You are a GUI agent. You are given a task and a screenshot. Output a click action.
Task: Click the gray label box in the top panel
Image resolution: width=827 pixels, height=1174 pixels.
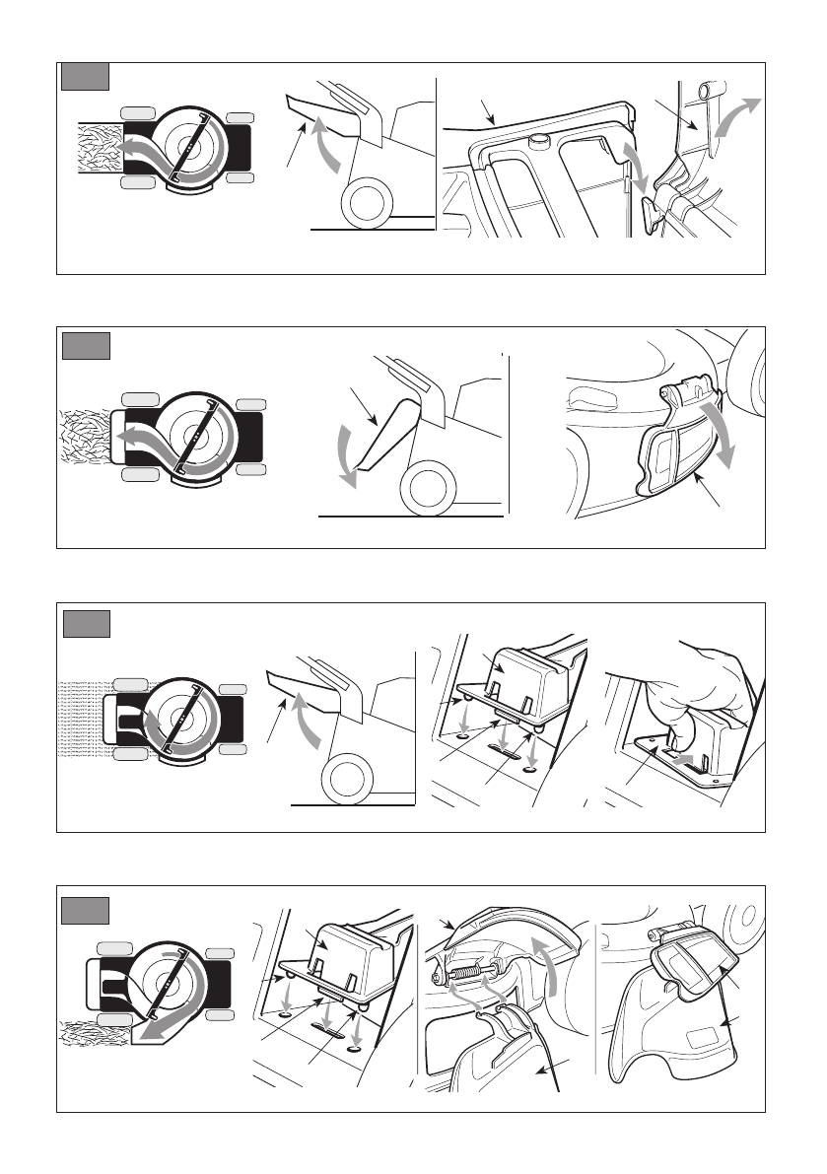click(85, 77)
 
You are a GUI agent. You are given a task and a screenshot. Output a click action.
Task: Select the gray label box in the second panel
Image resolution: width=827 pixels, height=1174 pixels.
click(85, 347)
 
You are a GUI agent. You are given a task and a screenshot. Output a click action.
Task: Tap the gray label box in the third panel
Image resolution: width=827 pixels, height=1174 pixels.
click(85, 624)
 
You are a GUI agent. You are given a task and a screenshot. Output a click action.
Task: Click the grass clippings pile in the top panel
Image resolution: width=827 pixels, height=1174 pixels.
click(96, 148)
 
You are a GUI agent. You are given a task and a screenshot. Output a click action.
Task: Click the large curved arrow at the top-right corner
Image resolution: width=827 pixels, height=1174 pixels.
click(740, 119)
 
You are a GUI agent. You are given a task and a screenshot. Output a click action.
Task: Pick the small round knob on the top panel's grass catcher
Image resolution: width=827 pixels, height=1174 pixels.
click(538, 142)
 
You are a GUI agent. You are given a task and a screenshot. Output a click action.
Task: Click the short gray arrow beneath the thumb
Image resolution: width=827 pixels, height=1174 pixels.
click(691, 757)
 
